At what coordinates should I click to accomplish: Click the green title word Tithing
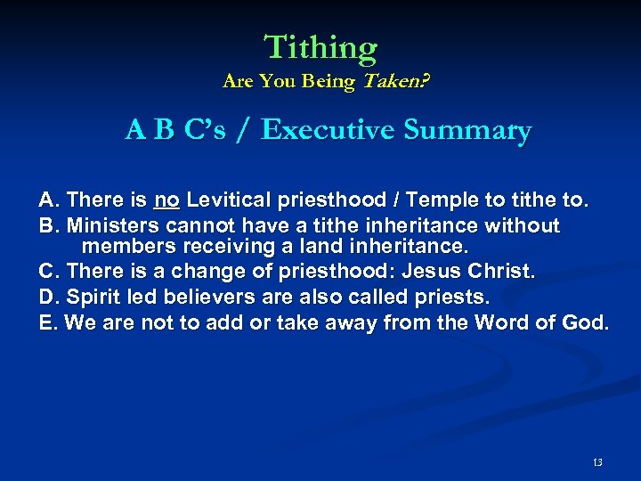click(x=320, y=46)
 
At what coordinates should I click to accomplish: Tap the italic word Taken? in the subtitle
click(x=392, y=82)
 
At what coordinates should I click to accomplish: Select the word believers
click(x=195, y=296)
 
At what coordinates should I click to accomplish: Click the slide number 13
click(x=597, y=461)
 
